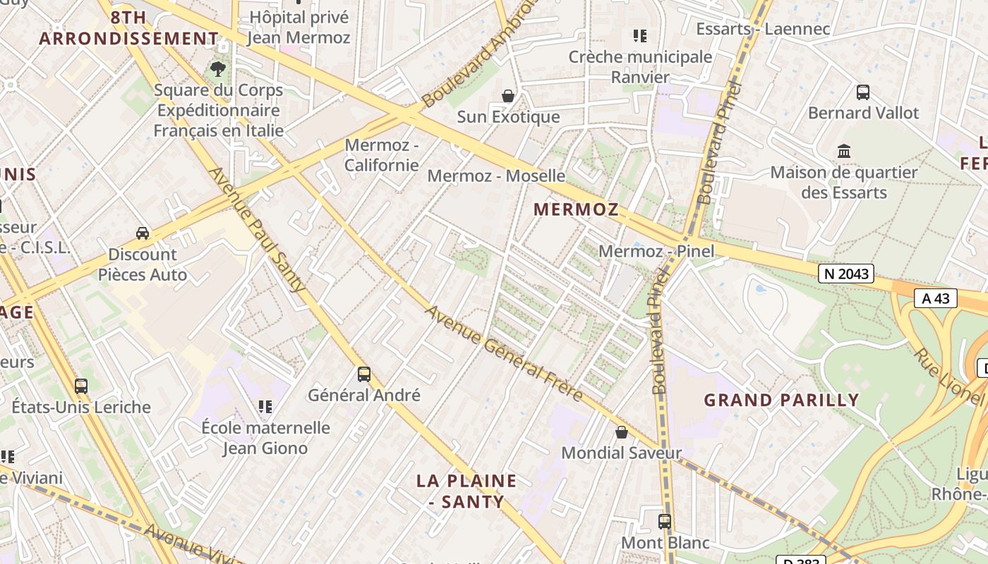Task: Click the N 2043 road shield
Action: [x=846, y=274]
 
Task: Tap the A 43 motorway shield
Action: [x=936, y=298]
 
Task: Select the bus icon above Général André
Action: [x=364, y=374]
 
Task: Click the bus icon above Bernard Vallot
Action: [x=863, y=92]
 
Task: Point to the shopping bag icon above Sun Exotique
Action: [x=507, y=96]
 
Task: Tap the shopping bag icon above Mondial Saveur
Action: [x=622, y=432]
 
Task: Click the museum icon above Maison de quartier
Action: [x=844, y=151]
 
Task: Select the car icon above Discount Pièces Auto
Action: [x=143, y=233]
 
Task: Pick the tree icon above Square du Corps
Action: [x=218, y=69]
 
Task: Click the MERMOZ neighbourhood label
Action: [x=576, y=209]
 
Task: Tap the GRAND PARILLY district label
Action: [x=781, y=400]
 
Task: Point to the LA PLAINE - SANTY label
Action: [x=466, y=491]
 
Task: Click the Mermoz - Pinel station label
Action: [x=656, y=251]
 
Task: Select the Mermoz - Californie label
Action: [x=382, y=155]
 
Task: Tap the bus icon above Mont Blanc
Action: [x=665, y=522]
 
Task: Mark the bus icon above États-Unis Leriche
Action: [x=81, y=386]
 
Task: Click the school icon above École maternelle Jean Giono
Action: [x=265, y=406]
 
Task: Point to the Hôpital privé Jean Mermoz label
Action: [x=299, y=27]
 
